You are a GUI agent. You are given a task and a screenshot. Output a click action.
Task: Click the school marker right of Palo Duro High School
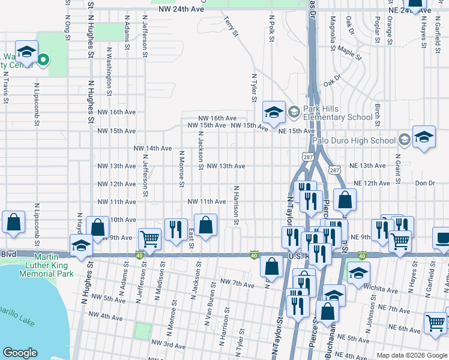[424, 137]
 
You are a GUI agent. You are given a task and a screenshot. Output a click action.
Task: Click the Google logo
[19, 353]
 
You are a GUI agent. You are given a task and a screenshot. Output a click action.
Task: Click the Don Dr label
[424, 183]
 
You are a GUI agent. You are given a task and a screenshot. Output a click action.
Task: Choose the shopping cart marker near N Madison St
[149, 239]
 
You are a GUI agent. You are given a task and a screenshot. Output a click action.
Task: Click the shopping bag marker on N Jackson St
[206, 226]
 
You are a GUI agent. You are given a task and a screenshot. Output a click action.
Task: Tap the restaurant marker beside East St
[176, 229]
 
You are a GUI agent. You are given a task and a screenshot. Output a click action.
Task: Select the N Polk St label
[272, 29]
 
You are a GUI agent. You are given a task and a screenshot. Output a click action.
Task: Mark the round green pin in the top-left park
[43, 59]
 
